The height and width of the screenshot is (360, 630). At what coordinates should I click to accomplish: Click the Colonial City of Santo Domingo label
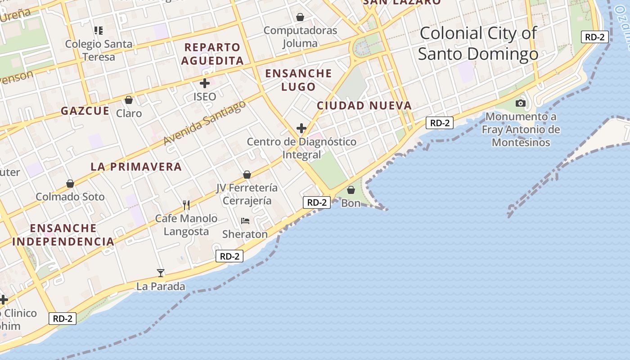click(x=478, y=43)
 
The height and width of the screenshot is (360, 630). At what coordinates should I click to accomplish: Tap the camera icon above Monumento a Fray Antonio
click(x=521, y=103)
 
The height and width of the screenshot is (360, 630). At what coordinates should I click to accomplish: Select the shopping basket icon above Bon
click(x=351, y=190)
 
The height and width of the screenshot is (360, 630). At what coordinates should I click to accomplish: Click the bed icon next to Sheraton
click(x=245, y=220)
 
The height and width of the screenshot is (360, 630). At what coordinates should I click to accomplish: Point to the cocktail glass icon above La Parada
click(x=160, y=273)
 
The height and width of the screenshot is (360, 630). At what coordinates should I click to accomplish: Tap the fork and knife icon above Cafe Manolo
click(x=186, y=205)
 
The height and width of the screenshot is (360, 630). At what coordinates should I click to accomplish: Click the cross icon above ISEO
click(x=205, y=83)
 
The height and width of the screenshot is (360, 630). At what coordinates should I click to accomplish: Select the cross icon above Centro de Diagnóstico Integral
click(x=301, y=128)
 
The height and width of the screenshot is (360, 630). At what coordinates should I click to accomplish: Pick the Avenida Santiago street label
click(x=205, y=122)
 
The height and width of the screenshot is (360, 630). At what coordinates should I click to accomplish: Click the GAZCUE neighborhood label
click(x=85, y=111)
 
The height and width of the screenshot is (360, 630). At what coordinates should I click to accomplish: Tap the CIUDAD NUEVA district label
click(x=364, y=106)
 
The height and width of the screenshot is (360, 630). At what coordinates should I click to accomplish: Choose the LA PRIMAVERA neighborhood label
click(x=136, y=167)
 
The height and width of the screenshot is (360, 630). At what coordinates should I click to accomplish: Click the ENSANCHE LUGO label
click(x=298, y=80)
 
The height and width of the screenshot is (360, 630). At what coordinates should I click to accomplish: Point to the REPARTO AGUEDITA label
click(x=213, y=54)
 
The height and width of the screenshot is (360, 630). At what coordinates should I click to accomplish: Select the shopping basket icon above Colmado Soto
click(x=70, y=183)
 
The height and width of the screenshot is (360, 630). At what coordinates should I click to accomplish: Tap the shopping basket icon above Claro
click(x=129, y=100)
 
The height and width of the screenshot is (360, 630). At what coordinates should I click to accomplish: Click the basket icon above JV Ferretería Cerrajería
click(x=247, y=174)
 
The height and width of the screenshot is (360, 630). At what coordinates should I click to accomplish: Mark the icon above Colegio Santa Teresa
click(x=99, y=31)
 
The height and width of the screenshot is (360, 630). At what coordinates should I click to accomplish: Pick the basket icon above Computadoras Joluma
click(x=300, y=17)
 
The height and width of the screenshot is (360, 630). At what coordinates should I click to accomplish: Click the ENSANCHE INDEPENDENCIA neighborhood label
click(x=63, y=234)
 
